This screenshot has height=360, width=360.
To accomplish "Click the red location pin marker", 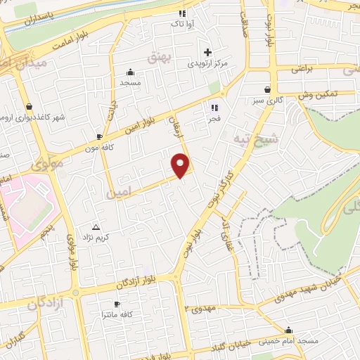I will tap(181, 165).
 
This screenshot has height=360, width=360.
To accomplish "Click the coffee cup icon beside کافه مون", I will tap(99, 136).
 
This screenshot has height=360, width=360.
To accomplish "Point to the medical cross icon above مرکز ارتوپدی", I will tap(207, 52).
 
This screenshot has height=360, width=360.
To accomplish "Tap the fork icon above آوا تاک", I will tap(182, 13).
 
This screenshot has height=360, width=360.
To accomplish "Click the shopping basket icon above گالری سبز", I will tap(268, 89).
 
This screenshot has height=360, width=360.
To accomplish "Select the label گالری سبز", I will tap(270, 101).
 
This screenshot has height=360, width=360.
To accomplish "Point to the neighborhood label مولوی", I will tap(46, 163).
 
